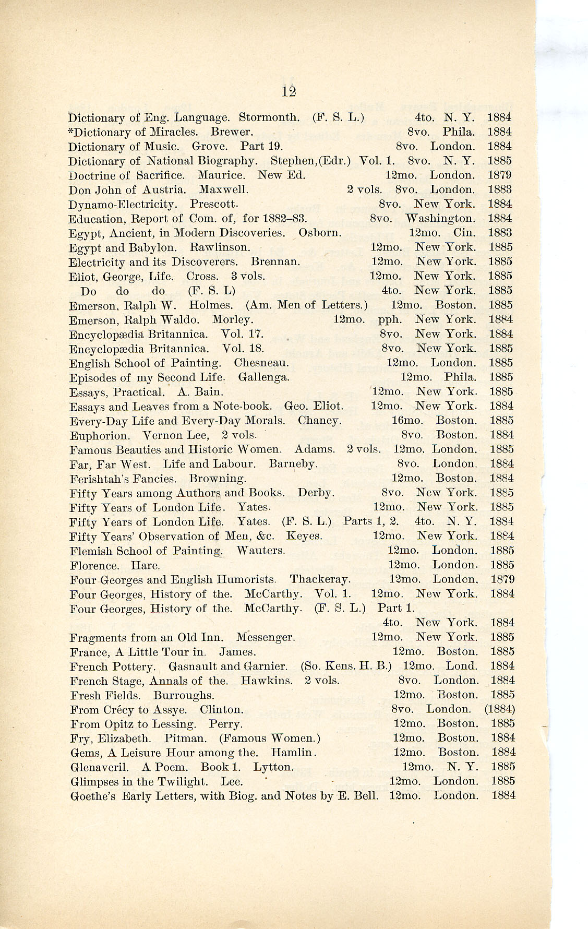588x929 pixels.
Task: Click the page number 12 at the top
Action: [x=289, y=91]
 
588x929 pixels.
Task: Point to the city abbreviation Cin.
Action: [x=464, y=233]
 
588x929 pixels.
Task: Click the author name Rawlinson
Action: [x=220, y=247]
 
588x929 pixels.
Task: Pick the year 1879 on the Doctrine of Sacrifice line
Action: [x=500, y=175]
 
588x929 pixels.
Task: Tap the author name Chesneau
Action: [x=261, y=363]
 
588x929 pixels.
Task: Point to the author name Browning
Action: [x=218, y=478]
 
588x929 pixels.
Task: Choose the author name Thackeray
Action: [x=320, y=579]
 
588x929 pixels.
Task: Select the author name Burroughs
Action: [x=184, y=695]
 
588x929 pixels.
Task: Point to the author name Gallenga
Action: [x=263, y=377]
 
